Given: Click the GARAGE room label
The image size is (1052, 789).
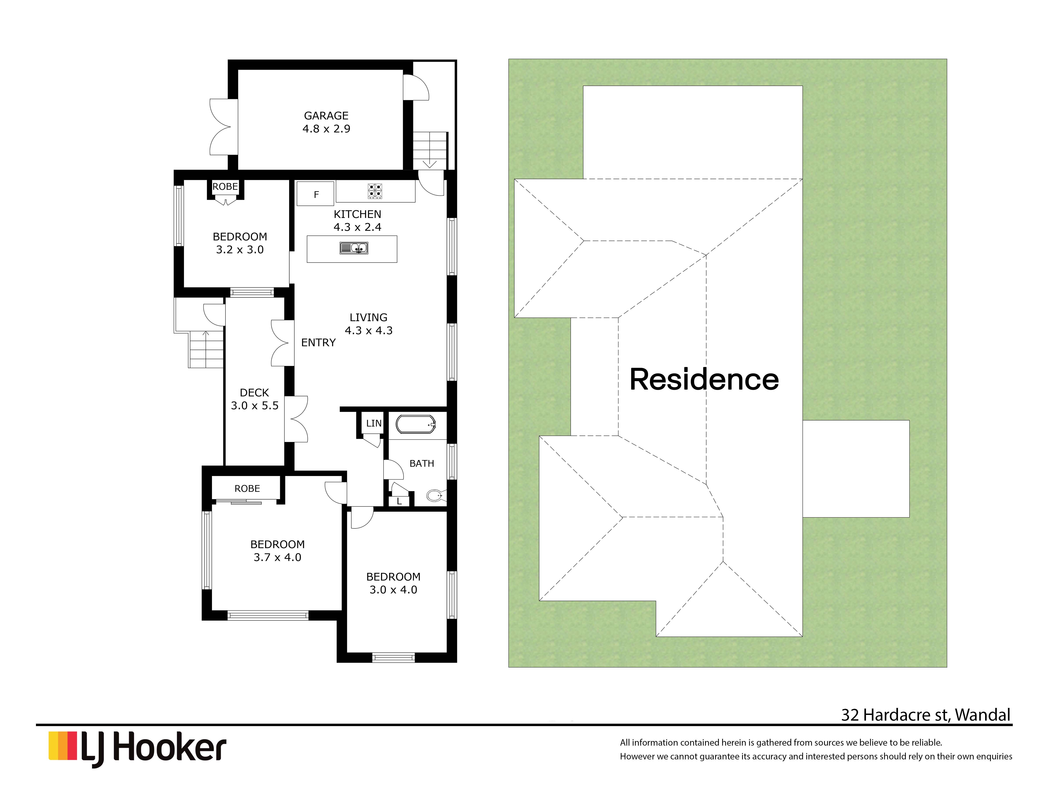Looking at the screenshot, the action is coord(326,116).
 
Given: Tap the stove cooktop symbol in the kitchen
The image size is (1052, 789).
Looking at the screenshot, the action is coord(375,191).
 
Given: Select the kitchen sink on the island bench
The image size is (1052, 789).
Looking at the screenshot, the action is coord(354,248).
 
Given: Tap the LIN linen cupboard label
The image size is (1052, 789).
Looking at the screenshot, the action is coord(374,423).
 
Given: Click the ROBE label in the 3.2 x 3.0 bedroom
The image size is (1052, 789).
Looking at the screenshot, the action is coord(225,187).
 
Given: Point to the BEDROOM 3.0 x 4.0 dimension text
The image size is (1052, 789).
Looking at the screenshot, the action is coord(393,590).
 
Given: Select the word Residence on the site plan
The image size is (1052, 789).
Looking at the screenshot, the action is coord(704,380).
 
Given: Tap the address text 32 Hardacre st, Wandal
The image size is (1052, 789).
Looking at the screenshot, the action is coord(926,715).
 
